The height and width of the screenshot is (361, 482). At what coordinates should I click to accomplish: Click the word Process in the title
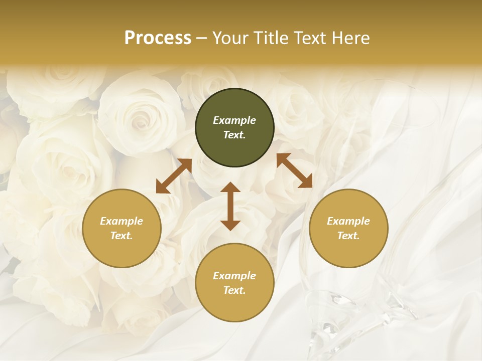pos(158,38)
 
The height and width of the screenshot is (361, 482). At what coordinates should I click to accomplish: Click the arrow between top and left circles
pos(174,176)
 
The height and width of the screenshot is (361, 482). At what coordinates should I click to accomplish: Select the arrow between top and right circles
pos(294,171)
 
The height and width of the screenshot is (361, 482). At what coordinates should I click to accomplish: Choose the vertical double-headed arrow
pos(230,206)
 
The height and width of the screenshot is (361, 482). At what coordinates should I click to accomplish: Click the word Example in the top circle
pos(234,120)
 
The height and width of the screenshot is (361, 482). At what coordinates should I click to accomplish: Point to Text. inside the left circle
pos(122,236)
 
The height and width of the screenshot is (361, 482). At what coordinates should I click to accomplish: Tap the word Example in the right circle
pos(348,221)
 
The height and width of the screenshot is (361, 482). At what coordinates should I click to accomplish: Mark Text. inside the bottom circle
pos(234,290)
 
